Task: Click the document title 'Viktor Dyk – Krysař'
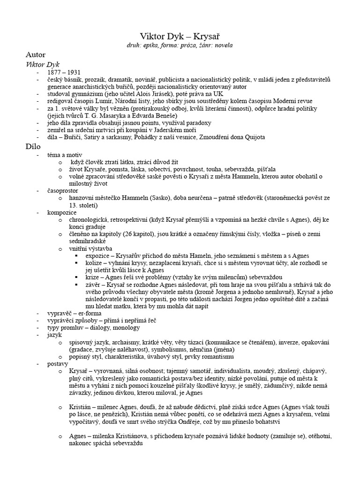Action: pyautogui.click(x=180, y=36)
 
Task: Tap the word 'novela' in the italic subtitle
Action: pyautogui.click(x=222, y=45)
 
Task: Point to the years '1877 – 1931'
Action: pyautogui.click(x=64, y=74)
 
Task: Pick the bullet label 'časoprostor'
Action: pyautogui.click(x=63, y=191)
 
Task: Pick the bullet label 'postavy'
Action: pyautogui.click(x=58, y=363)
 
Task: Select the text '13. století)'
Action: pyautogui.click(x=83, y=205)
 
